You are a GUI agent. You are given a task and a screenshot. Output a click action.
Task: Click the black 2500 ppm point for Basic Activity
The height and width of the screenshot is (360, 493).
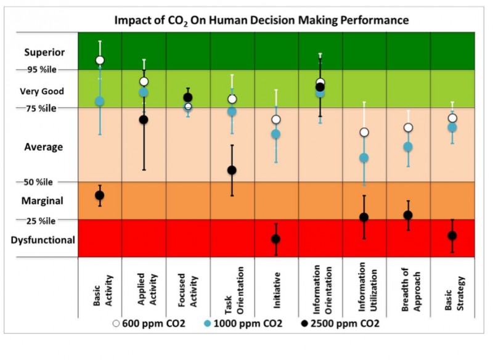pyautogui.click(x=99, y=195)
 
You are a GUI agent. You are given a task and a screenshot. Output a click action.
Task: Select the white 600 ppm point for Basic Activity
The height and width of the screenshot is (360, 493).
pyautogui.click(x=100, y=60)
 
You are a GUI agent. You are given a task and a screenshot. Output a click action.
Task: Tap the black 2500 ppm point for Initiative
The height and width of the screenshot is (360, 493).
pyautogui.click(x=275, y=239)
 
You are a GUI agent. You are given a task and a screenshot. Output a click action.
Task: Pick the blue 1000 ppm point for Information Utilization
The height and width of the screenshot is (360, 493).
pyautogui.click(x=364, y=158)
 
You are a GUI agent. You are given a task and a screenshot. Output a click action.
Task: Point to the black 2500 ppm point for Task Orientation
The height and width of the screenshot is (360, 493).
pyautogui.click(x=232, y=170)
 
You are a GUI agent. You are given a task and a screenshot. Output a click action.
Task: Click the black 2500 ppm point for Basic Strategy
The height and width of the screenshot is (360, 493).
pyautogui.click(x=452, y=235)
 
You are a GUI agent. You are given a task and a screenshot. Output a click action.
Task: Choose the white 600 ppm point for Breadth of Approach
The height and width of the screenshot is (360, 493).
pyautogui.click(x=408, y=128)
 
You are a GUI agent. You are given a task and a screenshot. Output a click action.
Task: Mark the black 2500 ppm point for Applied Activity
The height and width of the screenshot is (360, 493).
pyautogui.click(x=144, y=120)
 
